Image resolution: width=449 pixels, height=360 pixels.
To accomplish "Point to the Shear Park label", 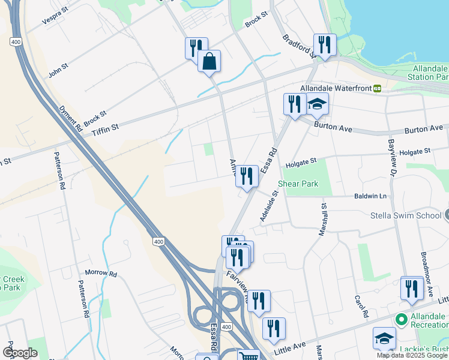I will tap(298, 184).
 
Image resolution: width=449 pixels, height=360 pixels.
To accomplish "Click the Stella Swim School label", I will tap(406, 215).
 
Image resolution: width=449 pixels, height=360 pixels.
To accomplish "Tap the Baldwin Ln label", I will tap(371, 196).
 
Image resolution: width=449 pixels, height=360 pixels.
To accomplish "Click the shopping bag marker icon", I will tap(209, 61).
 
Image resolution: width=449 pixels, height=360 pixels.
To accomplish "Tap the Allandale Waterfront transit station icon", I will tap(377, 88).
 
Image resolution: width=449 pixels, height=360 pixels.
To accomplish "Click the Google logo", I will tap(20, 353).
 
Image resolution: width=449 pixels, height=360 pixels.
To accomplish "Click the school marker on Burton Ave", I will tap(317, 104).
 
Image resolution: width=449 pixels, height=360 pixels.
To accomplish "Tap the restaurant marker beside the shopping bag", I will tap(196, 47).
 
